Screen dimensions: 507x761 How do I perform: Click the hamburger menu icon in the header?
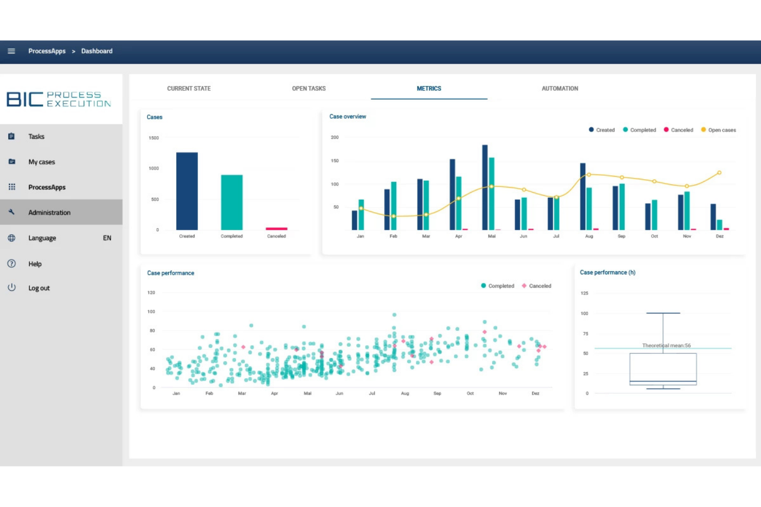click(11, 51)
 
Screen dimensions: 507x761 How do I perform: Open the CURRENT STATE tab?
click(189, 88)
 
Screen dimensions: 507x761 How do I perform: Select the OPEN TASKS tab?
click(309, 88)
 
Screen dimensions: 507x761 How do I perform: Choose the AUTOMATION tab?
click(559, 88)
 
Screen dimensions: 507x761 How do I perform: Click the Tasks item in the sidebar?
click(36, 137)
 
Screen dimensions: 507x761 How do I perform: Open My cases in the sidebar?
click(41, 162)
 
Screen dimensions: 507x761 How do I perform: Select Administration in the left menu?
click(49, 213)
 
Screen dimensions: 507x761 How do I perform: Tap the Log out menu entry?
click(39, 288)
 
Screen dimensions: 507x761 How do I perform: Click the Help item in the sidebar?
click(35, 264)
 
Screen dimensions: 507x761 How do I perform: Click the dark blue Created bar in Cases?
click(187, 191)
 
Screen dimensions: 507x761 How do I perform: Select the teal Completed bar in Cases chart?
click(231, 202)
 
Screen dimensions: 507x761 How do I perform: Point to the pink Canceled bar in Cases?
click(276, 229)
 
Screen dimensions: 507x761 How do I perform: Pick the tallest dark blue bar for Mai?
click(485, 187)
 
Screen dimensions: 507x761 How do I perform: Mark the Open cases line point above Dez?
click(719, 173)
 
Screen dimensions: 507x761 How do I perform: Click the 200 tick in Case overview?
click(335, 138)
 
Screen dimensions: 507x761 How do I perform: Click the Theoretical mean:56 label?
click(666, 345)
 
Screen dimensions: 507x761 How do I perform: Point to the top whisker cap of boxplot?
click(663, 313)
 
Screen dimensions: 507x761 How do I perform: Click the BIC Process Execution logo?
click(59, 99)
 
